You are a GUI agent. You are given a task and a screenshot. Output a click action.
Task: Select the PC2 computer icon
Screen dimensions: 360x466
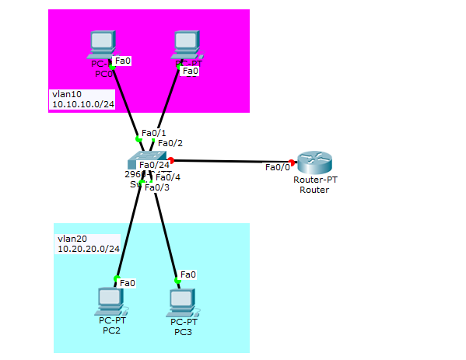tap(112, 300)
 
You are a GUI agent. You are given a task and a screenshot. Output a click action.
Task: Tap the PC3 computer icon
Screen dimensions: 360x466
tap(180, 302)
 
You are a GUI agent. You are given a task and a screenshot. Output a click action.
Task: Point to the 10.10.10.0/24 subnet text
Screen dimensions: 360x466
tap(83, 103)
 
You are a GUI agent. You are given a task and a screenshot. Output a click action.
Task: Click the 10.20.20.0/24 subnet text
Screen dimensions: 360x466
tap(89, 249)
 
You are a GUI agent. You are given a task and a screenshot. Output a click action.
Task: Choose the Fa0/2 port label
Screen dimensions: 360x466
tap(170, 143)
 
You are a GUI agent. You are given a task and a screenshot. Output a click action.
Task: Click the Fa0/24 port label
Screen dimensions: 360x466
tap(154, 164)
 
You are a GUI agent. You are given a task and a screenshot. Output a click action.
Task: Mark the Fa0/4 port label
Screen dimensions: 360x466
tap(167, 177)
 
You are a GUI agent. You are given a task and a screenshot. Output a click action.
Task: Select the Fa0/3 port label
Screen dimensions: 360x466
tap(157, 187)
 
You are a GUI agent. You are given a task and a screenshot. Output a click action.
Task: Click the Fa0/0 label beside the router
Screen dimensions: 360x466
tap(277, 167)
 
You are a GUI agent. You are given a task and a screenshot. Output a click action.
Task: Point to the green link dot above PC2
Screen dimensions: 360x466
tap(116, 278)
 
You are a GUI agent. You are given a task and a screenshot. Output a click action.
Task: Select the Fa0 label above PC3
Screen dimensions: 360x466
tap(188, 274)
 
